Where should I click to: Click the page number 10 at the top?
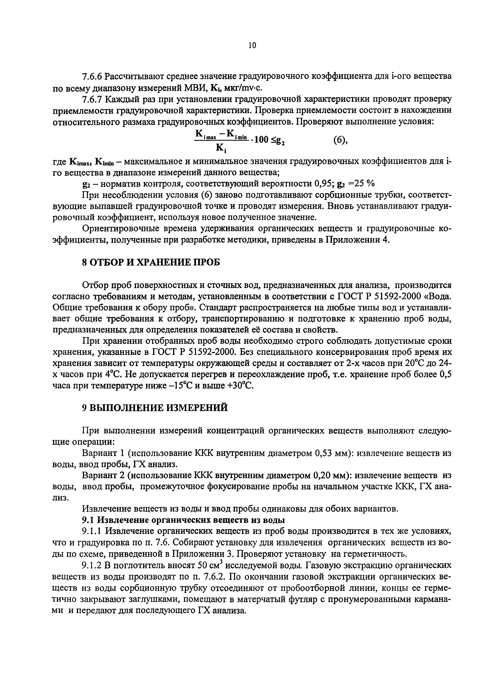pyautogui.click(x=252, y=45)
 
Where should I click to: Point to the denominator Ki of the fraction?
pyautogui.click(x=220, y=147)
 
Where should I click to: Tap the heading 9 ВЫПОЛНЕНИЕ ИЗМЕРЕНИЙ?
pyautogui.click(x=155, y=408)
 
